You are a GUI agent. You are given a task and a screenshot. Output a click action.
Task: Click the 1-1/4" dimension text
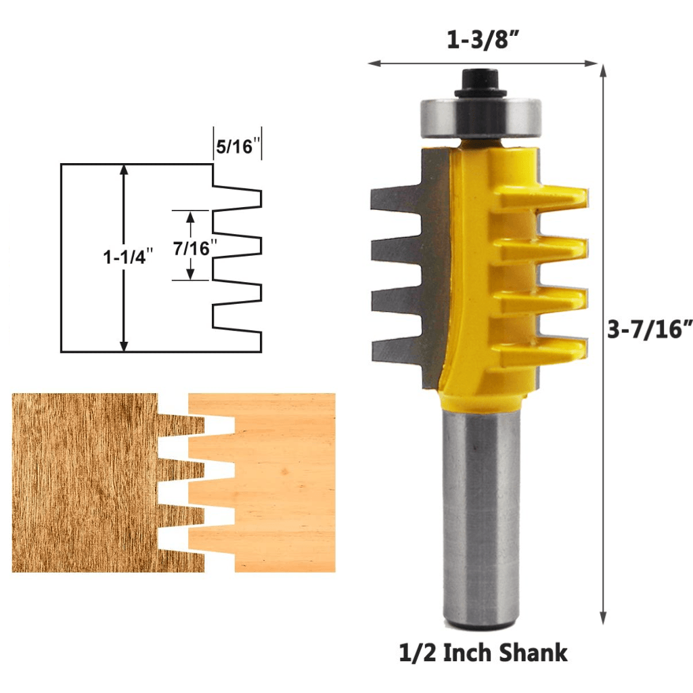pos(128,257)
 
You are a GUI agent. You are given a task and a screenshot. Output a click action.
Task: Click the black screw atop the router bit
pos(481,82)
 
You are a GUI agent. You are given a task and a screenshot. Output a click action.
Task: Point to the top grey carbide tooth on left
pos(396,199)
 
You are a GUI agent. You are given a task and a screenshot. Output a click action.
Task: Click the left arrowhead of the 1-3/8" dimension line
pos(372,64)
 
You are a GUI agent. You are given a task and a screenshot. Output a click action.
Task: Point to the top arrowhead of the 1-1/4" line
pos(123,169)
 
